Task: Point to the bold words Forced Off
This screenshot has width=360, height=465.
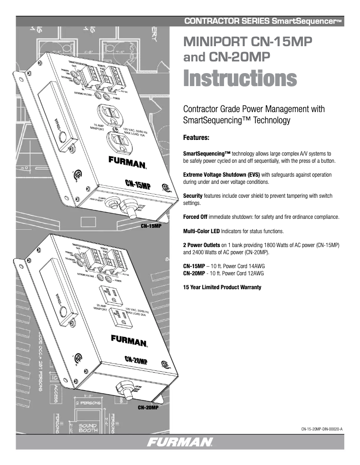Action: click(x=196, y=217)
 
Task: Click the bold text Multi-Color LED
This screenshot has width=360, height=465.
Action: click(x=202, y=231)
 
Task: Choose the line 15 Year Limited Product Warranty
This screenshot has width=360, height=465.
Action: click(x=223, y=287)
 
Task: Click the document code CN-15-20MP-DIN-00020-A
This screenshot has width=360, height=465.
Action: click(x=321, y=429)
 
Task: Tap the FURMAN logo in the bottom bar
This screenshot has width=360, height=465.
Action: click(x=181, y=443)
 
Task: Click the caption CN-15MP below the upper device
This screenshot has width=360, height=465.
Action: click(x=150, y=226)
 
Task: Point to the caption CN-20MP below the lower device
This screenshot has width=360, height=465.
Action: click(x=148, y=408)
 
